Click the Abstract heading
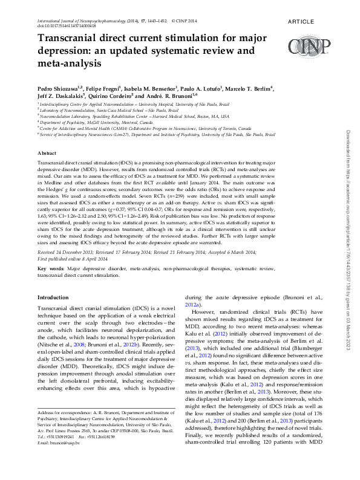47,154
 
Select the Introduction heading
53,297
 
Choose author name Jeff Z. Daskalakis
61,95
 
